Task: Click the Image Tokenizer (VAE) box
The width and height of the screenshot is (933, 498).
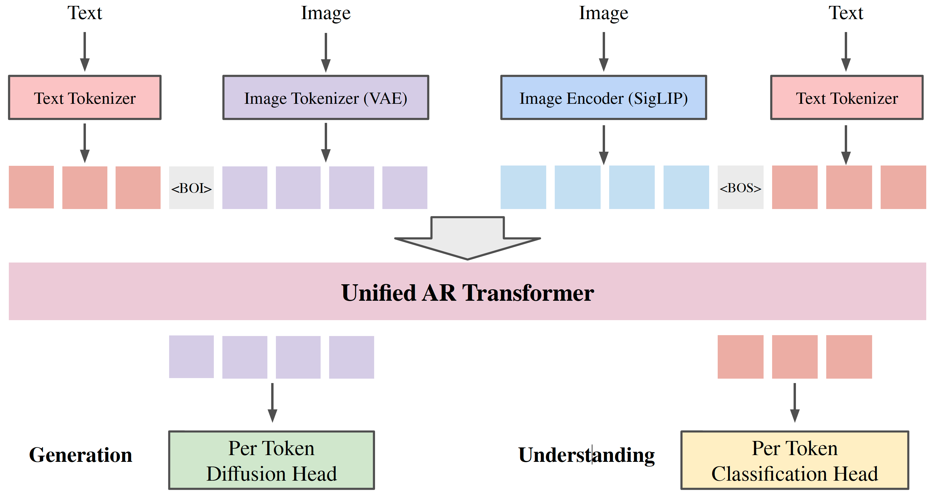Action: pyautogui.click(x=326, y=97)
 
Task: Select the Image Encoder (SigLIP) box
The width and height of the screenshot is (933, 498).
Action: pyautogui.click(x=603, y=97)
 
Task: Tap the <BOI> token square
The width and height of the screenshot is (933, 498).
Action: pyautogui.click(x=191, y=188)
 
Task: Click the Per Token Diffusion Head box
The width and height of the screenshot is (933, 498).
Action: pyautogui.click(x=271, y=460)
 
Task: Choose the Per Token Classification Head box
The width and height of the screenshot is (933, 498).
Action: pyautogui.click(x=795, y=460)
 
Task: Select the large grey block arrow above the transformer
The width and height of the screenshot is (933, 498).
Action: pyautogui.click(x=467, y=238)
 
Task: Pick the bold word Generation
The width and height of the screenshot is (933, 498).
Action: pyautogui.click(x=80, y=454)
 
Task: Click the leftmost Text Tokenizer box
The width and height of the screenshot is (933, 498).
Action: pyautogui.click(x=85, y=97)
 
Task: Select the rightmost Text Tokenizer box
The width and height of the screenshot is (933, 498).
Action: pyautogui.click(x=847, y=97)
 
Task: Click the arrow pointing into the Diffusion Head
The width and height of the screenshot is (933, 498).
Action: pyautogui.click(x=272, y=402)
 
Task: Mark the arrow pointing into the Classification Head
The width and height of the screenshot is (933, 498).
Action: pyautogui.click(x=795, y=402)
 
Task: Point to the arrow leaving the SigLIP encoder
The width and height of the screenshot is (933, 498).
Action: pyautogui.click(x=603, y=145)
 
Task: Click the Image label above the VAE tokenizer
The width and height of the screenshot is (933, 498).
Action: pyautogui.click(x=326, y=14)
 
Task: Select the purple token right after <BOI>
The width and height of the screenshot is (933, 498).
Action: pyautogui.click(x=245, y=188)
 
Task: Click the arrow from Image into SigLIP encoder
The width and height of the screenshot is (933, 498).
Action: pyautogui.click(x=603, y=52)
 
